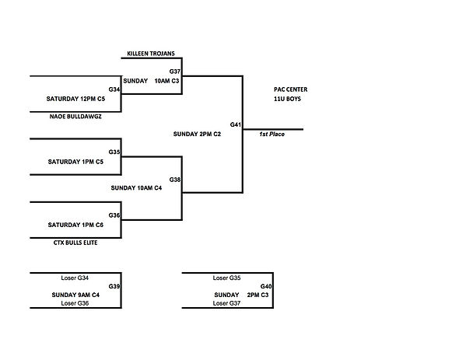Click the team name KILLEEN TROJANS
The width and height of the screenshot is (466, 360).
(x=151, y=54)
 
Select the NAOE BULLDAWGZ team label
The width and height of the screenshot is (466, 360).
(x=75, y=117)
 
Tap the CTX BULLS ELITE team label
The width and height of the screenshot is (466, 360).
(x=75, y=243)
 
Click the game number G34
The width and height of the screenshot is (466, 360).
(x=114, y=89)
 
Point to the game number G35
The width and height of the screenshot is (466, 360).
(x=114, y=152)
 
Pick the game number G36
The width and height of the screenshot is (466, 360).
(x=114, y=215)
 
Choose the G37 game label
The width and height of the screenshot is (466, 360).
(x=175, y=72)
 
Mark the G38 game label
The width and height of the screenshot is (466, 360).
(x=175, y=180)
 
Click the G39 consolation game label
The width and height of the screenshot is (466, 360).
(x=114, y=286)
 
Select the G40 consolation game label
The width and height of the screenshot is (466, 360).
(x=266, y=286)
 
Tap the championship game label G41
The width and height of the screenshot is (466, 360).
(x=236, y=124)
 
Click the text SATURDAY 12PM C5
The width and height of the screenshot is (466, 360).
(x=75, y=99)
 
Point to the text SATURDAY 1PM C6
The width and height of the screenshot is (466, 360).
(x=75, y=225)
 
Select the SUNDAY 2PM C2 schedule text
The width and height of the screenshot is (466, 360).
(x=197, y=135)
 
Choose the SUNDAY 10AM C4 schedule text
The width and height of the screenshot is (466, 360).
(x=136, y=188)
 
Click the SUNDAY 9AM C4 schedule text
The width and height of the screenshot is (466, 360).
(x=75, y=295)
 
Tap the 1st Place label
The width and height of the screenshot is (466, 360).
(x=272, y=135)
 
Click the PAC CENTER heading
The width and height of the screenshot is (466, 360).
(x=291, y=89)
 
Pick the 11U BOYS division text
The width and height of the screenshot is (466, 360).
(x=287, y=99)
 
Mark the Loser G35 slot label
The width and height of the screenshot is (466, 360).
(x=226, y=278)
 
